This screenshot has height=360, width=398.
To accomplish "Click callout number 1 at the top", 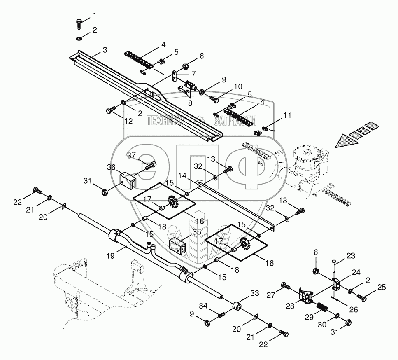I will click(95, 16).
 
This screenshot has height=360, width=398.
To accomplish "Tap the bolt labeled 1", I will click(79, 23).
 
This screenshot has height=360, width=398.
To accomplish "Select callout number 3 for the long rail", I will click(105, 50).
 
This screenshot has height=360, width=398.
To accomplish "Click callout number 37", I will click(131, 155).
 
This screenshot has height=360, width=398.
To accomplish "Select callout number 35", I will click(197, 232).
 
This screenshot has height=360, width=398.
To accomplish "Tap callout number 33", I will click(255, 294).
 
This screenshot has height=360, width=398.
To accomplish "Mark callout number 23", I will click(350, 255).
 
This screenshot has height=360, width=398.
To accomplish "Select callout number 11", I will click(287, 116).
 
